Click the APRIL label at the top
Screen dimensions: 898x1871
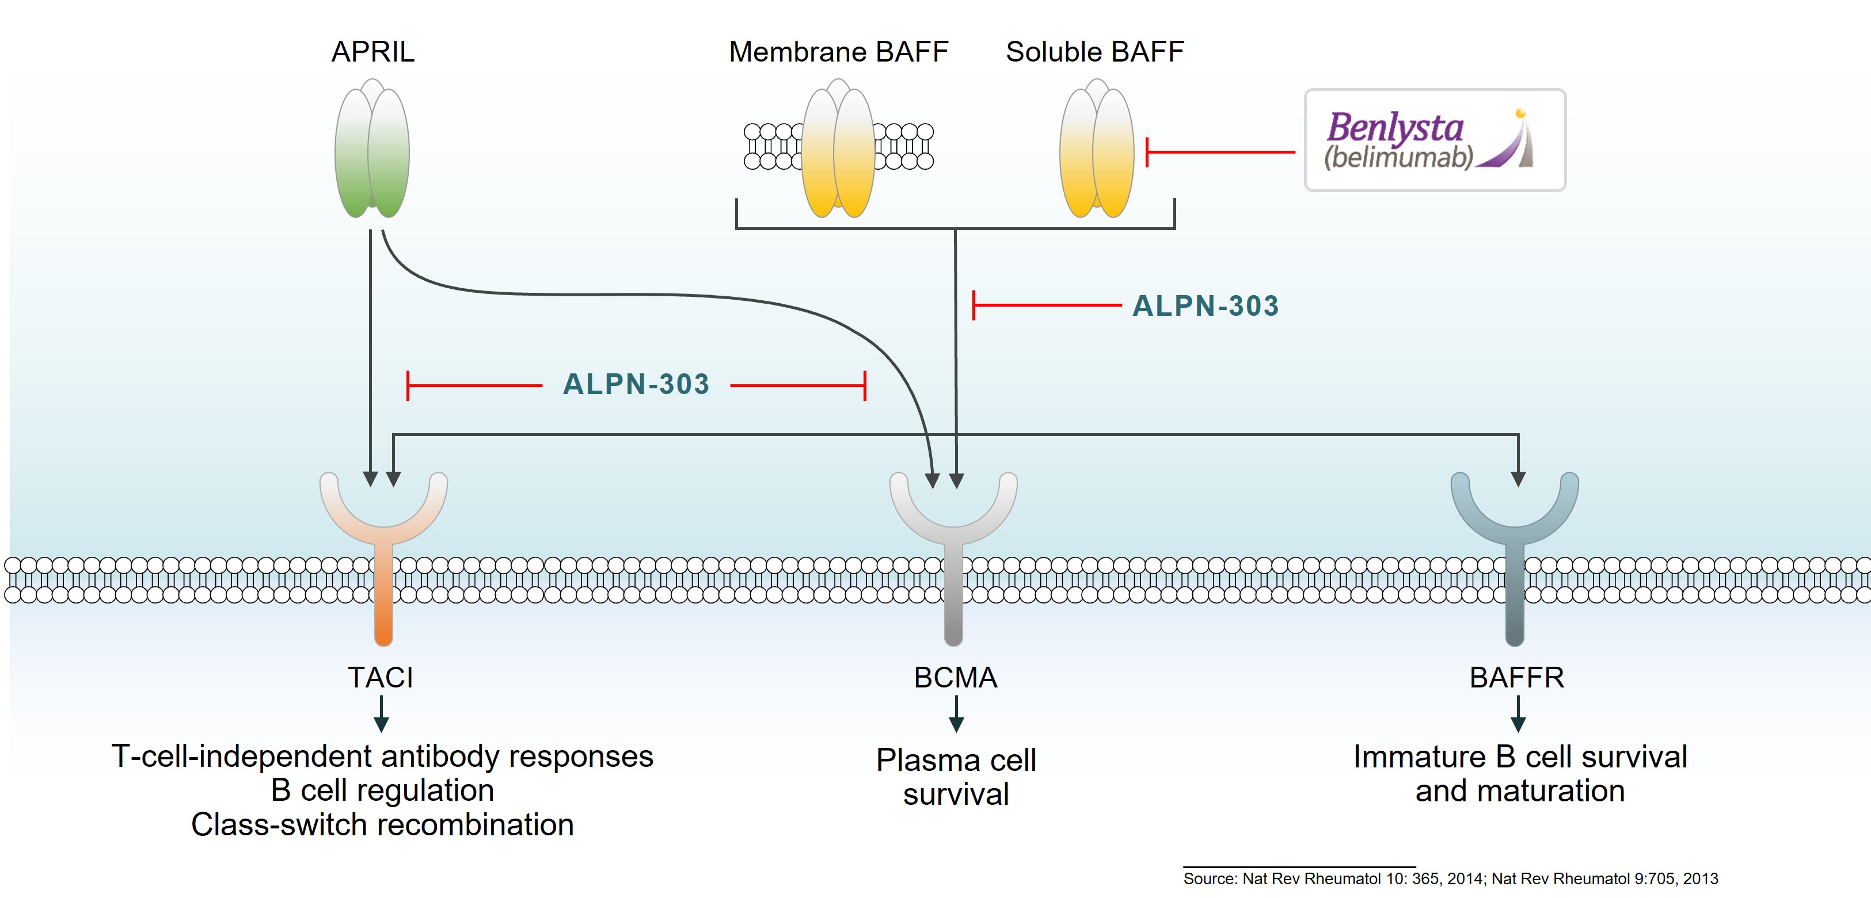(372, 52)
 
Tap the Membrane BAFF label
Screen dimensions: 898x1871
(838, 52)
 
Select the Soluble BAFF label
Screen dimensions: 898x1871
(1094, 52)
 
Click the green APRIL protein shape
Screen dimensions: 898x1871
(372, 152)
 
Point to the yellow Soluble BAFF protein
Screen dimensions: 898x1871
(1097, 152)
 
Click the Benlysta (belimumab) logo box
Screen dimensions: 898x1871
(1435, 140)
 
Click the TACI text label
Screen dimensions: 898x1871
(381, 677)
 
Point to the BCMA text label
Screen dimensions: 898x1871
(955, 677)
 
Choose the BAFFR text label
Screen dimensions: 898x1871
(1516, 677)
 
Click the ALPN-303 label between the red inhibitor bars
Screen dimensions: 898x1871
(636, 385)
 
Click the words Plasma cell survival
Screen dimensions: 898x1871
(956, 777)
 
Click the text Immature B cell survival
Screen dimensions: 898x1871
(1519, 757)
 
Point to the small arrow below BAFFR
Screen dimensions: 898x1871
(1518, 714)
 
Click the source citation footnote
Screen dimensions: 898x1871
(1451, 878)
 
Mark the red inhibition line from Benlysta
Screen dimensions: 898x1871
(1220, 152)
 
